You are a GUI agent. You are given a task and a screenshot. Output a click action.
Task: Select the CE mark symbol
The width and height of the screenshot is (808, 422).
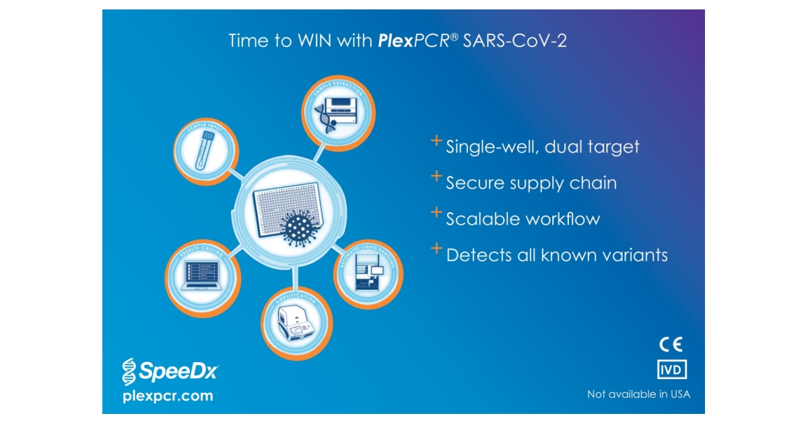click(671, 345)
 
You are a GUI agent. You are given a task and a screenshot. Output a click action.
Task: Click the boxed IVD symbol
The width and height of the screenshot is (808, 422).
click(671, 370)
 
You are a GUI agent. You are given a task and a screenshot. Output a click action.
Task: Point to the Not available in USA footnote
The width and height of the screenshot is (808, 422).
click(638, 394)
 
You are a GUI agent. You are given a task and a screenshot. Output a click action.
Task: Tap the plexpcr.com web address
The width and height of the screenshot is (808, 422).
click(168, 396)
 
